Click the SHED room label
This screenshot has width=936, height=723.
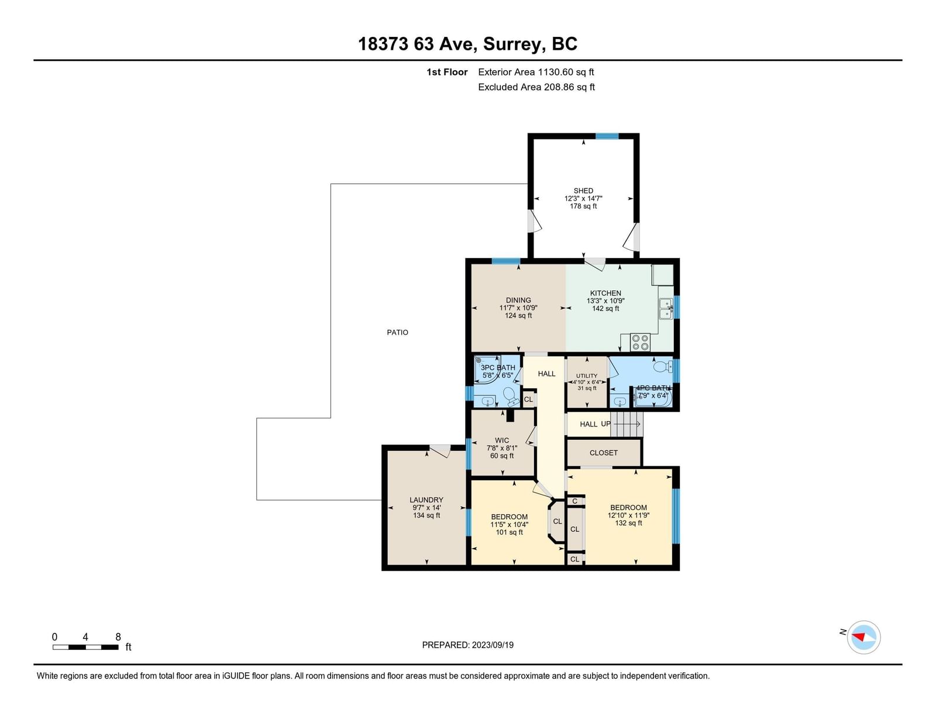coord(583,190)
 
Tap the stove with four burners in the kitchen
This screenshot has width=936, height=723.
coord(640,342)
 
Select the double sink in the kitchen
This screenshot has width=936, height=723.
coord(666,309)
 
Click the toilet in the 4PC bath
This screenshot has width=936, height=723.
coord(663,367)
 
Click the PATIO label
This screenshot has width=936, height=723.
coord(397,332)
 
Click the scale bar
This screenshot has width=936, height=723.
coord(85,647)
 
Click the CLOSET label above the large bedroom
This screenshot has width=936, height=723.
coord(604,453)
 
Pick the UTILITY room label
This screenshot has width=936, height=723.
coord(587,376)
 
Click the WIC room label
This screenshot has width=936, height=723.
coord(502,440)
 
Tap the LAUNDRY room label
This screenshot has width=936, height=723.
coord(426,500)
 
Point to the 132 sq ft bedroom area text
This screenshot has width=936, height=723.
coord(628,523)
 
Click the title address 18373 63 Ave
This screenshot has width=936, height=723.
coord(417,44)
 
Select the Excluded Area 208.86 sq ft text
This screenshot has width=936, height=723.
coord(536,87)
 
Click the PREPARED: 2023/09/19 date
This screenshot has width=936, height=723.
coord(468,645)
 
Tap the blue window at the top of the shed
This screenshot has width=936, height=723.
coord(607,136)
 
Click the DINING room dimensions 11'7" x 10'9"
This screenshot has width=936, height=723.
coord(518,308)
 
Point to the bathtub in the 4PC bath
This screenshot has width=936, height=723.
coord(653,397)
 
